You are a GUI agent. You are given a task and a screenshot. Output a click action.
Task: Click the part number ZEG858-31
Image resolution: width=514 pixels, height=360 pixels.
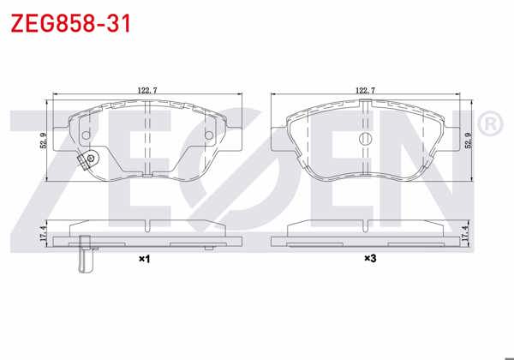[x=70, y=23]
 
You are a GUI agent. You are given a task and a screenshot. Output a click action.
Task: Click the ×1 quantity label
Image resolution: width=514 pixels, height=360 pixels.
[x=144, y=259]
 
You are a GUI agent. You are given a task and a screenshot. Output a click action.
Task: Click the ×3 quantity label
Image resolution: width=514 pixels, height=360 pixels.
[x=370, y=259]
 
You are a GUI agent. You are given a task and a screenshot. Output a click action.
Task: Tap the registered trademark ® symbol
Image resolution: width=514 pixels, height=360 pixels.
[x=488, y=125]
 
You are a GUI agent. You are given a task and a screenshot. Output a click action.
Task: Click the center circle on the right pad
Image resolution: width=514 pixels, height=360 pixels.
[x=366, y=139]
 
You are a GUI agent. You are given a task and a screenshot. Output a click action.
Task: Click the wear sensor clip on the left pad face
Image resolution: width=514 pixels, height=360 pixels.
[x=87, y=160]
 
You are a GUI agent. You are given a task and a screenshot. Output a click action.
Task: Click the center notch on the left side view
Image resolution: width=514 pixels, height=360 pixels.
[x=148, y=227]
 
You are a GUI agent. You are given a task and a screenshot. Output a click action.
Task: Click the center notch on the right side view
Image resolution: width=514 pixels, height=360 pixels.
[x=366, y=227]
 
